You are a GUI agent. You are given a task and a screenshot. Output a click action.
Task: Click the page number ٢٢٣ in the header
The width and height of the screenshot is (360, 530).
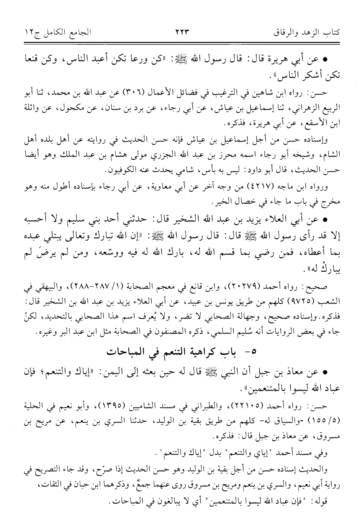point(181,32)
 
